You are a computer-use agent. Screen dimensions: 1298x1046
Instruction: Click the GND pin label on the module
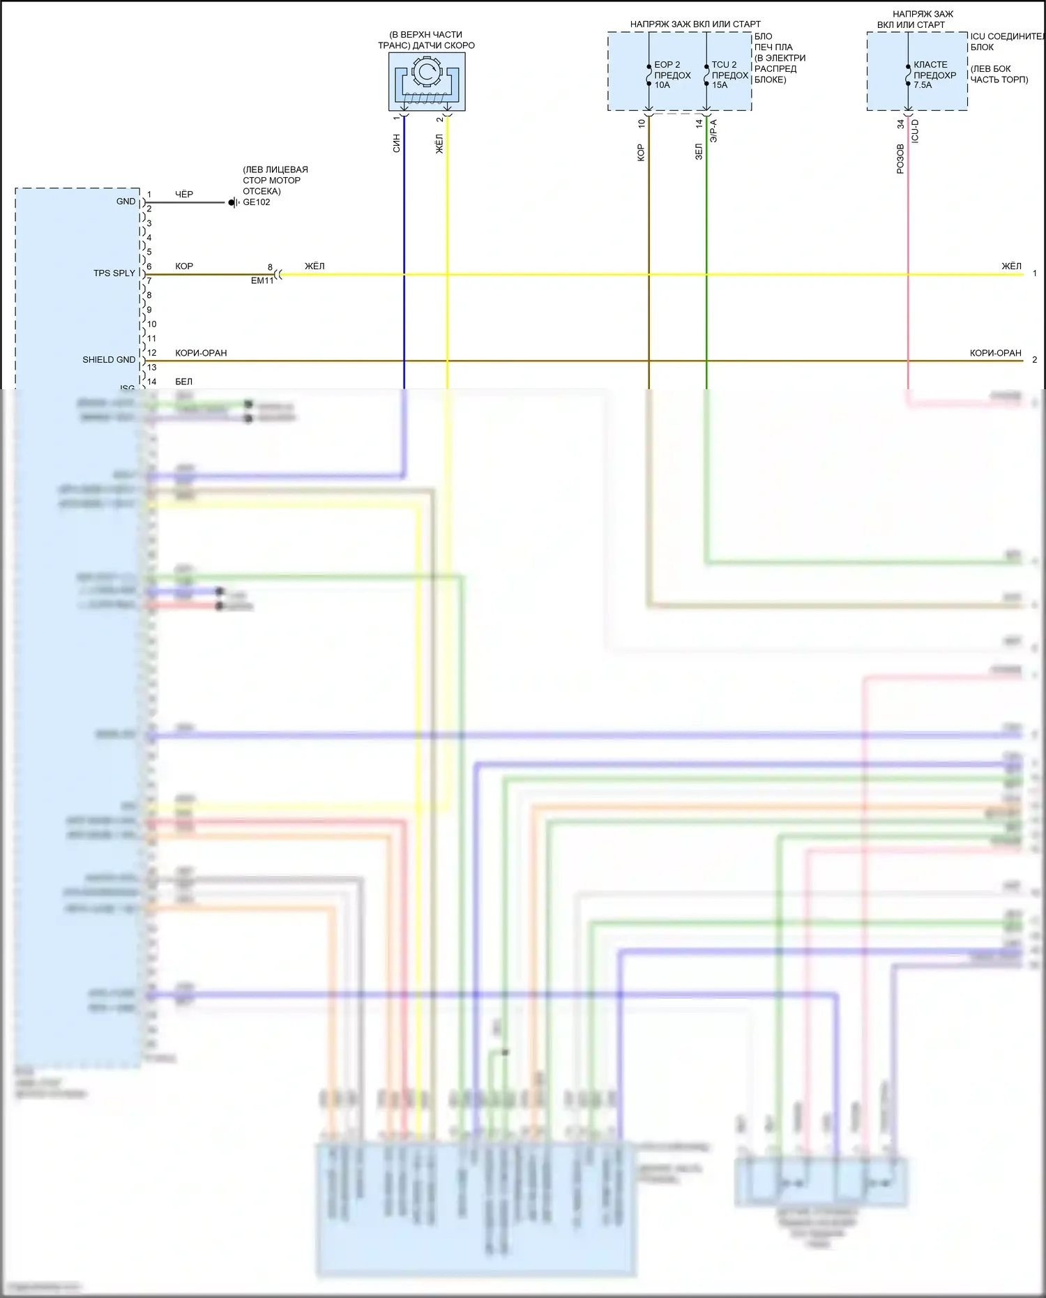(x=126, y=202)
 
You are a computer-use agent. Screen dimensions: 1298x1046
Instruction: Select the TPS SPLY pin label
(x=114, y=273)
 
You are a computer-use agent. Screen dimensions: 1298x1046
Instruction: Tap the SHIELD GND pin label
(x=109, y=360)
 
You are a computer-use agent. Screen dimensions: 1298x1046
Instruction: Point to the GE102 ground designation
(x=257, y=202)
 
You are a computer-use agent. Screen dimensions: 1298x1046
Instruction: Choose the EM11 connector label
(x=262, y=280)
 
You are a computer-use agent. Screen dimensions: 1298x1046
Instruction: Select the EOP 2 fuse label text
(x=667, y=65)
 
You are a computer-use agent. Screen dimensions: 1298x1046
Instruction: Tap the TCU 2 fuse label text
(x=724, y=65)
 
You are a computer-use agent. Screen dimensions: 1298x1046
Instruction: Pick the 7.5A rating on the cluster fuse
(x=923, y=85)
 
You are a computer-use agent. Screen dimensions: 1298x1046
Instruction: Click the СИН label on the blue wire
(x=396, y=144)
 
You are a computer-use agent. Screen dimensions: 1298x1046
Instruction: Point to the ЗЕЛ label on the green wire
(x=699, y=151)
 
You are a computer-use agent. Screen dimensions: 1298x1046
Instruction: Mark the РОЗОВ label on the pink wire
(x=900, y=158)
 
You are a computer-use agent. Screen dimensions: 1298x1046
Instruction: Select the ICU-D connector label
(x=916, y=131)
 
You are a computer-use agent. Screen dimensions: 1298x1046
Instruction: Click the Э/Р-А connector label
(x=713, y=131)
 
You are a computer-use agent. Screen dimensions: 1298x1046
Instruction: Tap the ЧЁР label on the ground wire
(x=184, y=194)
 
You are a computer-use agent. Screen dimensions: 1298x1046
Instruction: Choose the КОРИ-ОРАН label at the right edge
(x=995, y=353)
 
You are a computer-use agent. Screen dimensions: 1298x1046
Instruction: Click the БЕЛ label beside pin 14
(x=184, y=382)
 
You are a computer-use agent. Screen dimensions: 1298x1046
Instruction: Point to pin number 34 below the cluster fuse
(x=900, y=124)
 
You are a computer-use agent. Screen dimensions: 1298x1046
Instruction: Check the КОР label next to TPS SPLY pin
(x=184, y=266)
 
